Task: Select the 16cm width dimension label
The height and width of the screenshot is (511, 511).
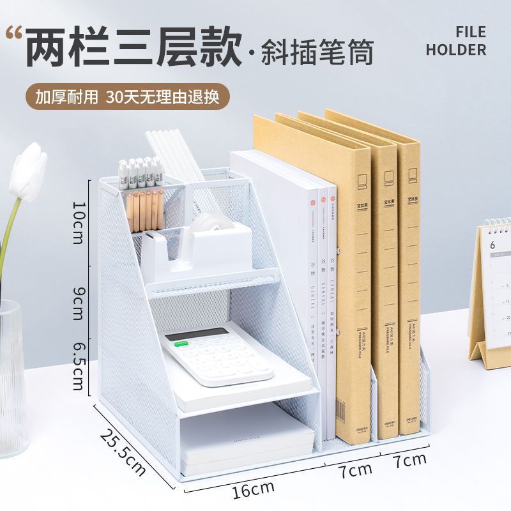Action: [253, 490]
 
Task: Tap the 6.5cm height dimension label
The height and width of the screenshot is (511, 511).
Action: [79, 365]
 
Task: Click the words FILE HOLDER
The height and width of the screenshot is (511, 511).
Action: [456, 40]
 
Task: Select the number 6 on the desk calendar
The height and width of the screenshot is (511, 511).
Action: [492, 245]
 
